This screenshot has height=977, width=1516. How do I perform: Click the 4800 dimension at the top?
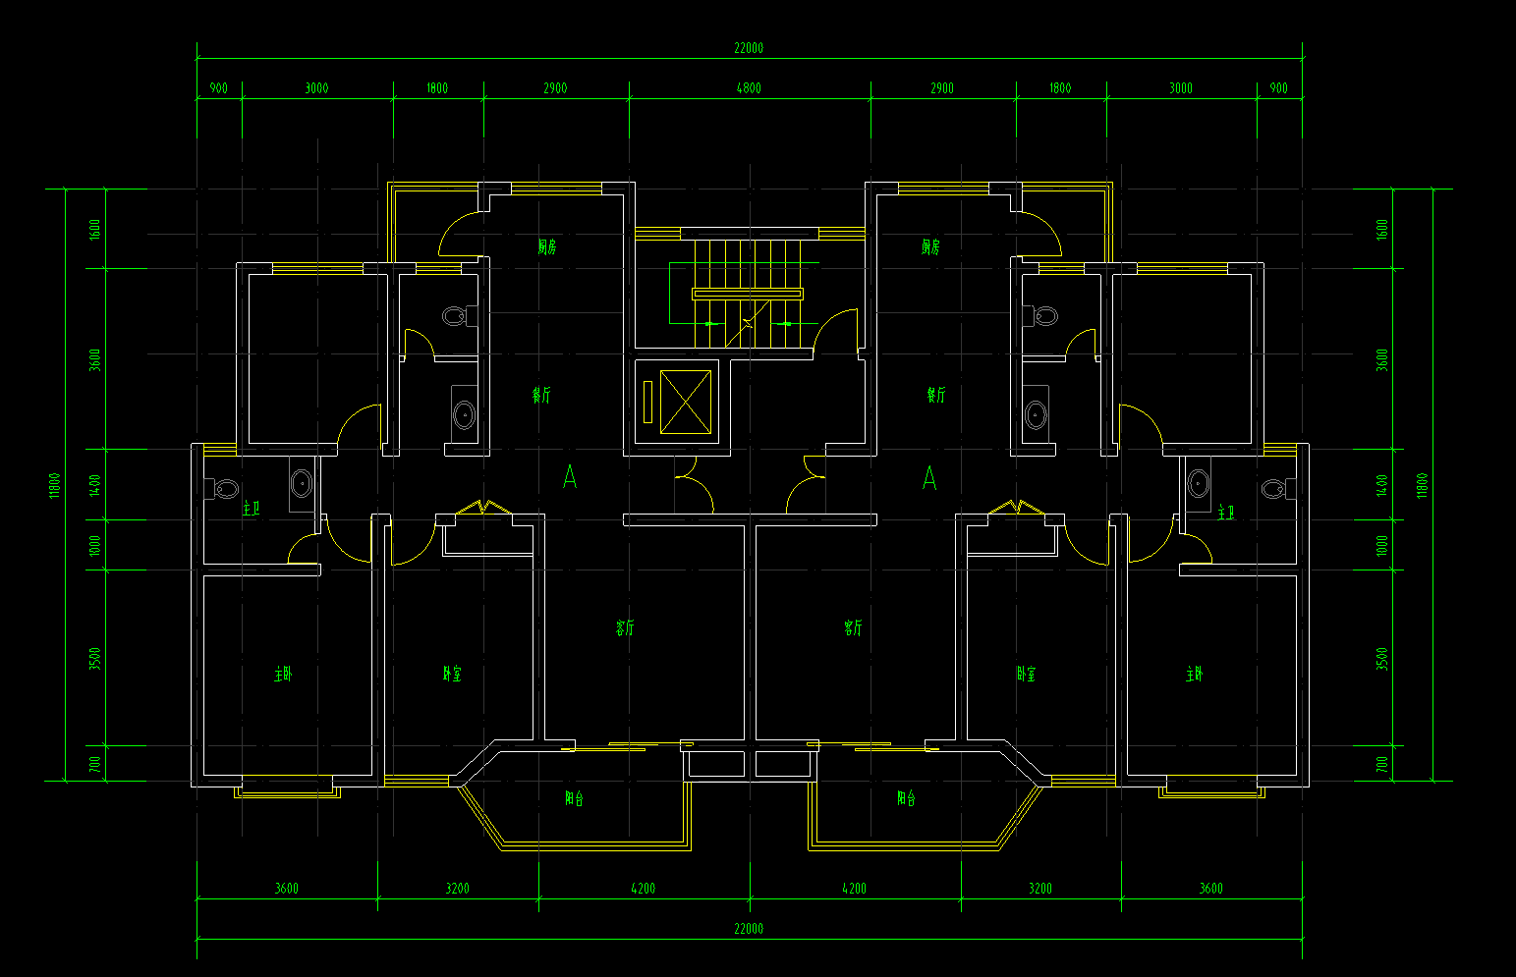click(x=749, y=88)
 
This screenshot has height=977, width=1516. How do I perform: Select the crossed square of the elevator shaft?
click(x=685, y=402)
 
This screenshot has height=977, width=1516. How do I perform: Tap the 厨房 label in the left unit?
click(x=546, y=247)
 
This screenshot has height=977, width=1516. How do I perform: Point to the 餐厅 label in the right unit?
click(x=935, y=395)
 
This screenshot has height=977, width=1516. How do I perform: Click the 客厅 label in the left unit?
click(x=625, y=627)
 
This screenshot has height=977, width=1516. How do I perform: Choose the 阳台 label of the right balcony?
click(x=906, y=798)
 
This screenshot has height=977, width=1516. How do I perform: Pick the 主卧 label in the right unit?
click(x=1194, y=674)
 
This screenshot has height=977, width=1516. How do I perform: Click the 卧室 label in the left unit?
click(x=451, y=674)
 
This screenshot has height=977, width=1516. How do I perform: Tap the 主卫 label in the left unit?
click(x=251, y=508)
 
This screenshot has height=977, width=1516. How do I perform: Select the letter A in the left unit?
click(x=570, y=478)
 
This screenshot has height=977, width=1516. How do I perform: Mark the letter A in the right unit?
click(x=929, y=478)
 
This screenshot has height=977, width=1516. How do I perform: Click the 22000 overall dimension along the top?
click(x=749, y=48)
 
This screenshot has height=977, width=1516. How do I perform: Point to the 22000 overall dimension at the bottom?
click(x=749, y=929)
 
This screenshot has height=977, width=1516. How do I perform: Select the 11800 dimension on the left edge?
click(x=55, y=484)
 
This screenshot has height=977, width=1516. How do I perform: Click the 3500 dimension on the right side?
click(x=1382, y=658)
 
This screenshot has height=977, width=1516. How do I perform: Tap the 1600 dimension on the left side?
click(x=95, y=229)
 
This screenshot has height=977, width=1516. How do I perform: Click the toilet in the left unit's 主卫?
click(x=225, y=488)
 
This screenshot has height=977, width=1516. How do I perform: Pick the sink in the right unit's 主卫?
click(x=1198, y=483)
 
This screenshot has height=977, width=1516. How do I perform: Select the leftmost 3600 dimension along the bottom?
click(x=287, y=889)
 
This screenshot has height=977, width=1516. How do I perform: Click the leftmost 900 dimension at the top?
click(x=218, y=88)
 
